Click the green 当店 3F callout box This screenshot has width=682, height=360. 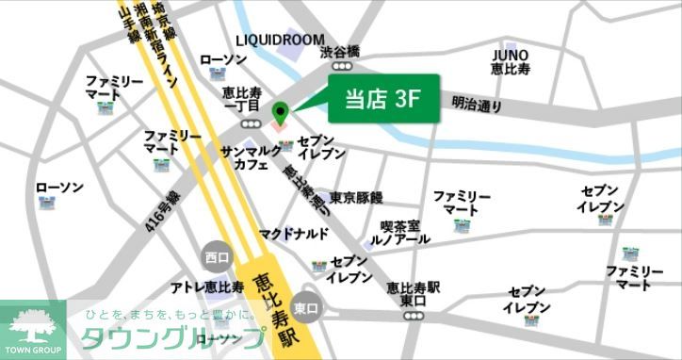(383, 98)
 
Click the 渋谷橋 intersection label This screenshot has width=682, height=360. (340, 53)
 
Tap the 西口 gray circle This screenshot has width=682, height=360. (217, 256)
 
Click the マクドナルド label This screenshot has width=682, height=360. (294, 233)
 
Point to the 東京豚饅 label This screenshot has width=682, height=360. (356, 198)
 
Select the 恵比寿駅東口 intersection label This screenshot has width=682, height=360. (413, 294)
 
